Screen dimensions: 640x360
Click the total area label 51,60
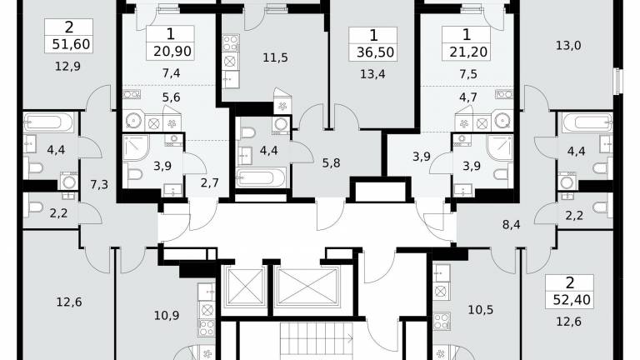(71, 44)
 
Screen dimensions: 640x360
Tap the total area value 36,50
(375, 52)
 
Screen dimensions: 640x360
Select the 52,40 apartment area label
(572, 300)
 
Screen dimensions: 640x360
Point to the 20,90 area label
(172, 52)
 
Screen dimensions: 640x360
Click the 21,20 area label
(468, 52)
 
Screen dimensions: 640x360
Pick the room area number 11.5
(275, 57)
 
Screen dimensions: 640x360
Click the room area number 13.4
(372, 74)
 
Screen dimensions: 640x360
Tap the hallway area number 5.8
(331, 162)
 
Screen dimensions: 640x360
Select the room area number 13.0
(568, 45)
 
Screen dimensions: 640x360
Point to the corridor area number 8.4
(511, 224)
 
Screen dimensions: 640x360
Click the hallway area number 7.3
(99, 184)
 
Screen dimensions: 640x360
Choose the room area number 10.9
(167, 315)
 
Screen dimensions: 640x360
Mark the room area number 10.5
(480, 310)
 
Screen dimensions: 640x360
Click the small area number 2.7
(210, 182)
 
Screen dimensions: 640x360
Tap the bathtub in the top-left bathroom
(48, 122)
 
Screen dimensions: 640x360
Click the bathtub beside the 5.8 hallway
(262, 177)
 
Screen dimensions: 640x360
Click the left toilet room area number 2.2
(58, 212)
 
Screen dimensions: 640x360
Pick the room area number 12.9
(67, 66)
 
